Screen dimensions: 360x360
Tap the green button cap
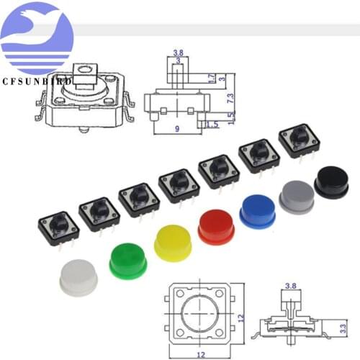pyautogui.click(x=127, y=259)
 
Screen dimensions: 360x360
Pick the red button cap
pyautogui.click(x=216, y=225)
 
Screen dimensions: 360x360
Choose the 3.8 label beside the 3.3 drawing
pyautogui.click(x=291, y=286)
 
